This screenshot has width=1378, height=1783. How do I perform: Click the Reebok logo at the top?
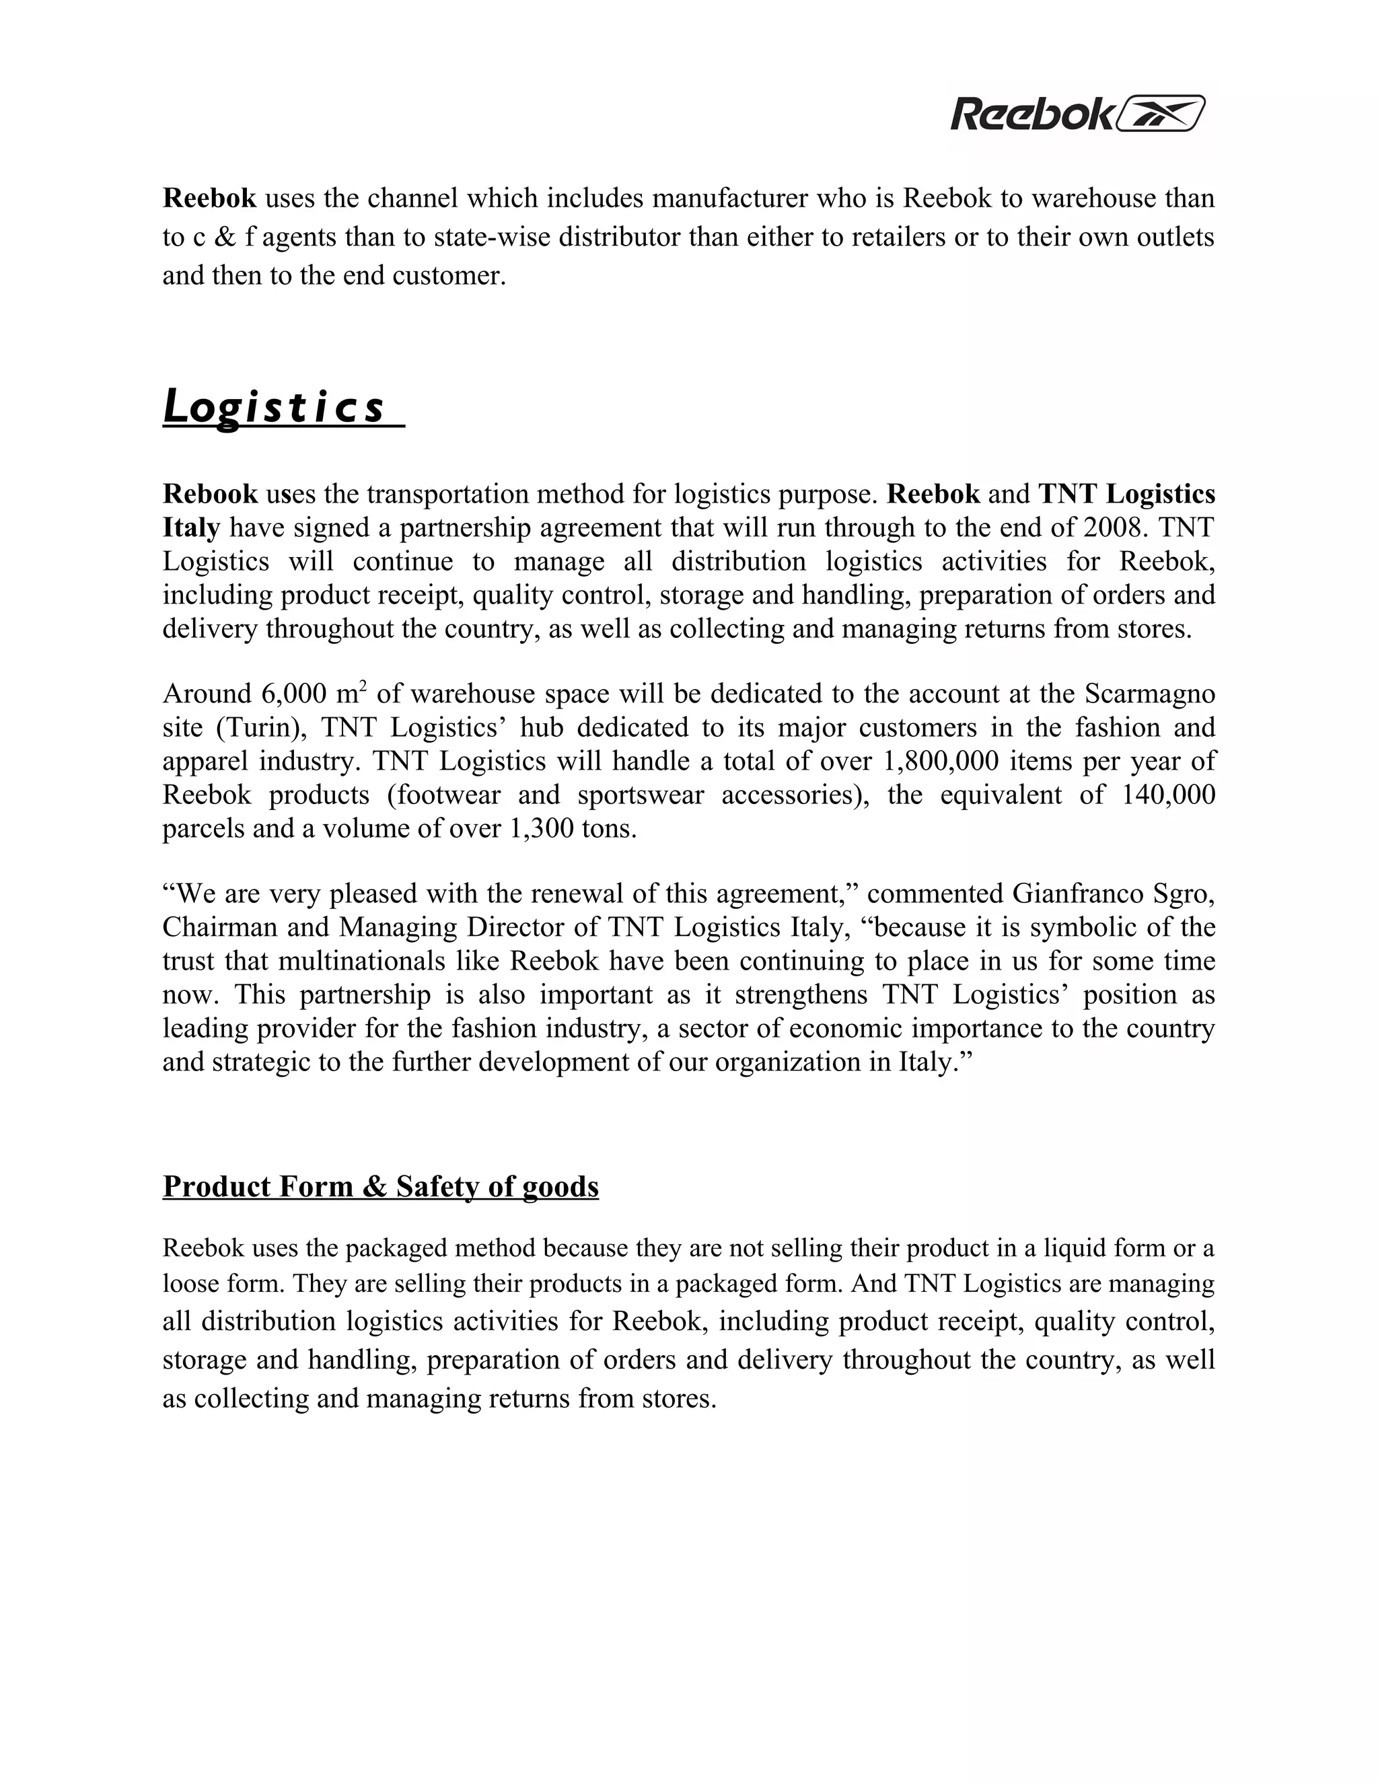click(1077, 114)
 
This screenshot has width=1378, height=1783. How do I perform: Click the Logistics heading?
click(273, 407)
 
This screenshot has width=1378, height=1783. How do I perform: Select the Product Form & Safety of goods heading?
click(380, 1186)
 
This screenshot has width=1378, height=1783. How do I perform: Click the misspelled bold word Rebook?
click(210, 494)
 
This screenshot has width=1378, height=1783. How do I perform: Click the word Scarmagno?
click(1149, 694)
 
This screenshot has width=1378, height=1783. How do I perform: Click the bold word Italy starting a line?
click(191, 528)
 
